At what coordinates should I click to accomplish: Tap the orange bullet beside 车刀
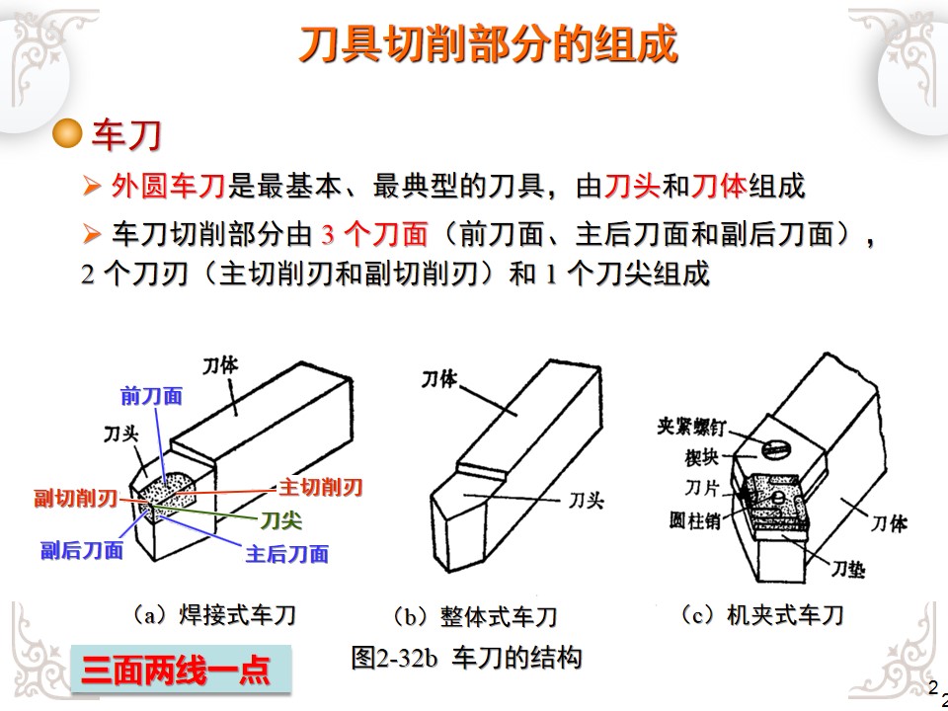point(67,135)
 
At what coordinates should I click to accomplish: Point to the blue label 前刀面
point(151,396)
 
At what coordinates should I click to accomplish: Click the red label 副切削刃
point(75,497)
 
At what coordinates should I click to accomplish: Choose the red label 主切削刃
point(320,487)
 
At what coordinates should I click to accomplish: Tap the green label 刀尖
point(280,519)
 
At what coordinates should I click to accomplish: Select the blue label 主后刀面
point(287,553)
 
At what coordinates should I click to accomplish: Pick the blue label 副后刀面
point(82,551)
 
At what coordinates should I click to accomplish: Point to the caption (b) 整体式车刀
point(475,617)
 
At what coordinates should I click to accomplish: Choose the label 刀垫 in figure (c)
point(847,568)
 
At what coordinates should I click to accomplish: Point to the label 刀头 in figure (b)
point(585,501)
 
